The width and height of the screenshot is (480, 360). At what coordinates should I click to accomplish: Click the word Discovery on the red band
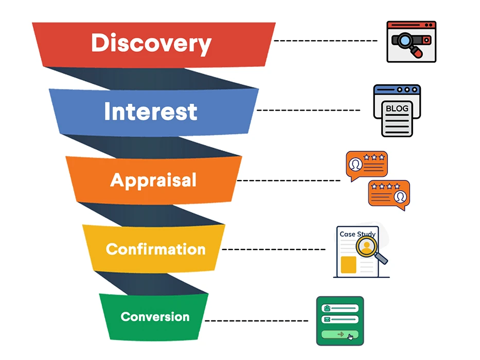151,44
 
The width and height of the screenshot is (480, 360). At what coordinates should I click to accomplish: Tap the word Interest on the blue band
151,112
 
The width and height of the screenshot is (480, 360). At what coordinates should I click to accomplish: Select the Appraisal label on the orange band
153,181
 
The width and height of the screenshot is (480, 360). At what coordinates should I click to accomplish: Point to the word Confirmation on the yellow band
155,249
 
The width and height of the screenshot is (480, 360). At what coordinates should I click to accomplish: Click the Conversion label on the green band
155,317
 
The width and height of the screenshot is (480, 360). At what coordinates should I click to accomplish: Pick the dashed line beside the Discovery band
326,41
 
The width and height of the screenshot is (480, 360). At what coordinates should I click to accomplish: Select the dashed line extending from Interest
309,110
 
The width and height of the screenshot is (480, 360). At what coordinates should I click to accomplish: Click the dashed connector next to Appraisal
289,181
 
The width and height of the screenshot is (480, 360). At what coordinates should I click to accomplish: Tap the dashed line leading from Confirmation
274,249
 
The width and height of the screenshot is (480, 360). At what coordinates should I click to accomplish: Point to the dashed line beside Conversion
257,321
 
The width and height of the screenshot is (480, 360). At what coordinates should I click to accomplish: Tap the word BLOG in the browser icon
397,109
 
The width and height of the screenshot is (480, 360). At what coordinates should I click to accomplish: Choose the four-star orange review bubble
389,195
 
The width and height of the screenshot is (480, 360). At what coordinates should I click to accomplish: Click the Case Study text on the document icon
358,234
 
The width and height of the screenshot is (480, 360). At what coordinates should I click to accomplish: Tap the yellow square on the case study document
348,265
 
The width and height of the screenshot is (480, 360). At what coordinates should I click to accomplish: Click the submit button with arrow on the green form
340,334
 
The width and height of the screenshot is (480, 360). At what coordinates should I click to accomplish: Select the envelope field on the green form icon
340,319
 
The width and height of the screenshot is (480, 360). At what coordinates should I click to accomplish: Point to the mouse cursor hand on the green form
350,337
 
